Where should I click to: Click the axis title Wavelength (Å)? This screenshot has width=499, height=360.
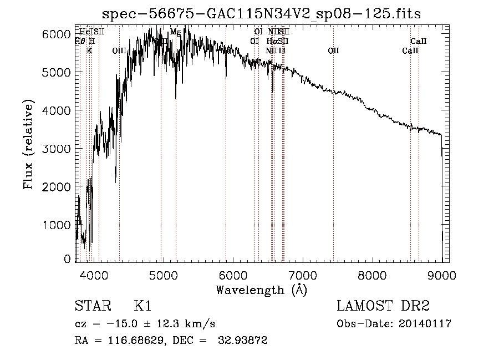coord(261,290)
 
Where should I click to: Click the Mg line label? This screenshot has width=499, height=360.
coord(175,32)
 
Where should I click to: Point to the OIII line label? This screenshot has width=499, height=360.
coord(119,50)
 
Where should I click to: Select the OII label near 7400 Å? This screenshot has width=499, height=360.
coord(333,50)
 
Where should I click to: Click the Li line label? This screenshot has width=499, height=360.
coord(282,50)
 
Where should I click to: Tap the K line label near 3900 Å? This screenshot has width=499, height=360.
coord(89,50)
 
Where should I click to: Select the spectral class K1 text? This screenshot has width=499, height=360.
coord(142,306)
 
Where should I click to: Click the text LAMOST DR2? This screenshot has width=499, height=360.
coord(383,306)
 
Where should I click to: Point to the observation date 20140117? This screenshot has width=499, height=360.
coord(427,324)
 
